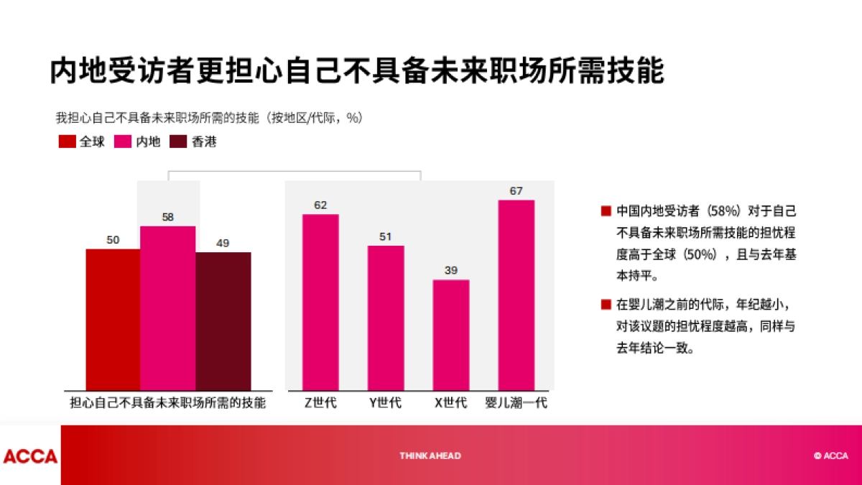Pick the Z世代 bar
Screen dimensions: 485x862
[x=320, y=302]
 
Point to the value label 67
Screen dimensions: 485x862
[x=516, y=191]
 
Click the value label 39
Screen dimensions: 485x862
[x=450, y=270]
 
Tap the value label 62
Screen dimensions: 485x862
[x=320, y=205]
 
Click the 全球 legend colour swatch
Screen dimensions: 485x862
[x=68, y=142]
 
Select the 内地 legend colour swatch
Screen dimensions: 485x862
[x=123, y=142]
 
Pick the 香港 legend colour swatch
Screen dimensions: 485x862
[x=179, y=142]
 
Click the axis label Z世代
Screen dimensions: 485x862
[x=320, y=403]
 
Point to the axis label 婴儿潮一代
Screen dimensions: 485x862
[x=516, y=403]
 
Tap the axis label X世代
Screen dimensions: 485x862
[x=450, y=403]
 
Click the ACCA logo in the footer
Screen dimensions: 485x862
[x=30, y=456]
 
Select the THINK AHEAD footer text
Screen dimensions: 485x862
[x=430, y=456]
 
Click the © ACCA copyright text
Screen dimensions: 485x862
[x=830, y=456]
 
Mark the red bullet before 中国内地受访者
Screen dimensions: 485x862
[x=606, y=211]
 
